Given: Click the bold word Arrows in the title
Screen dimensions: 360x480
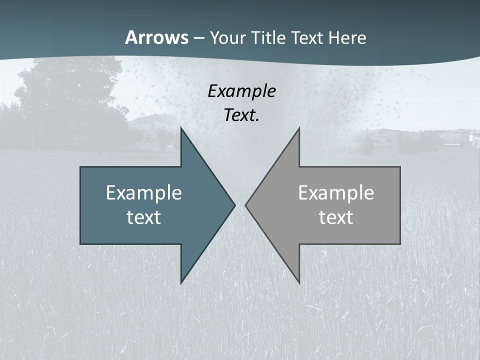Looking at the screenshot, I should click(x=156, y=37).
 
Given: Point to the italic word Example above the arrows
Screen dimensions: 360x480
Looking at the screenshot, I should click(x=241, y=91).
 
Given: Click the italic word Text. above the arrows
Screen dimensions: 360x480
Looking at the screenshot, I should click(x=241, y=115).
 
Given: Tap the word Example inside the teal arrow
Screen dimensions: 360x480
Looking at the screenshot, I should click(x=143, y=192).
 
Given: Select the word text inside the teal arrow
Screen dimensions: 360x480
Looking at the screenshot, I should click(x=143, y=217).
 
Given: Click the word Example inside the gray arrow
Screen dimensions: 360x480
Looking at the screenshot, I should click(x=336, y=192).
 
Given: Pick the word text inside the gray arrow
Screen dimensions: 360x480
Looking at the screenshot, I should click(x=336, y=217).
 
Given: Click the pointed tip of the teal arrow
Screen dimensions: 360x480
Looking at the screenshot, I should click(x=234, y=204).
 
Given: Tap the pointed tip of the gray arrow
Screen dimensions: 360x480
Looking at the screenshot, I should click(x=246, y=204).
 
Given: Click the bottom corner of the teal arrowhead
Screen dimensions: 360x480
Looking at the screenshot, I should click(x=181, y=282).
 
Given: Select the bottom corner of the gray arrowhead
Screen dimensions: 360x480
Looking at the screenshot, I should click(x=299, y=282).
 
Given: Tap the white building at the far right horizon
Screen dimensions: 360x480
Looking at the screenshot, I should click(x=472, y=139).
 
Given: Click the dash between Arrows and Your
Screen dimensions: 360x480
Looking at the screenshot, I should click(x=198, y=38).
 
